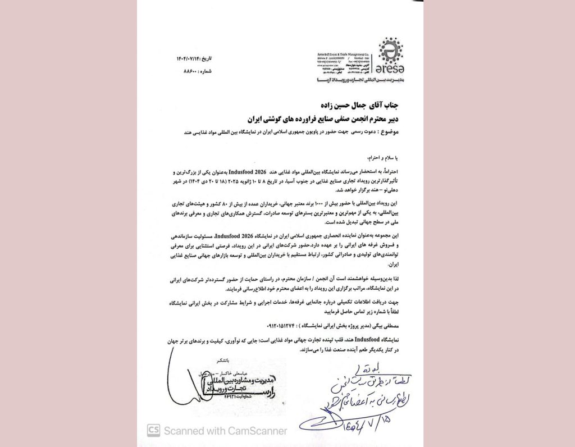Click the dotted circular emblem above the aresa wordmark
(387, 52)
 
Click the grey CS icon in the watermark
(153, 431)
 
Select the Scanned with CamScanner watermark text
(225, 431)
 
